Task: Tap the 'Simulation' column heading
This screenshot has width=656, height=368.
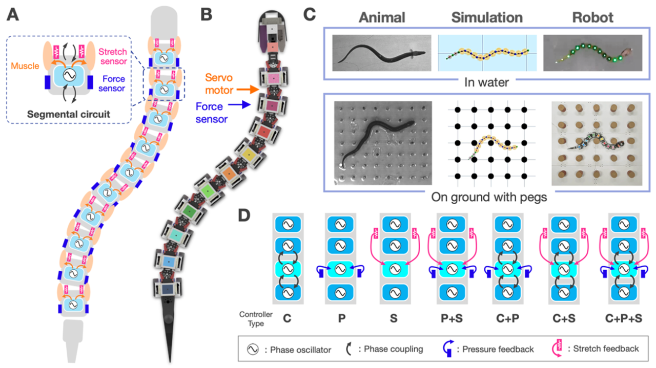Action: coord(487,17)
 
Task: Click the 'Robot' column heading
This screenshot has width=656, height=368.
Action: coord(592,17)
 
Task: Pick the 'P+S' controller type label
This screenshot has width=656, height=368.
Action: coord(449,318)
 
